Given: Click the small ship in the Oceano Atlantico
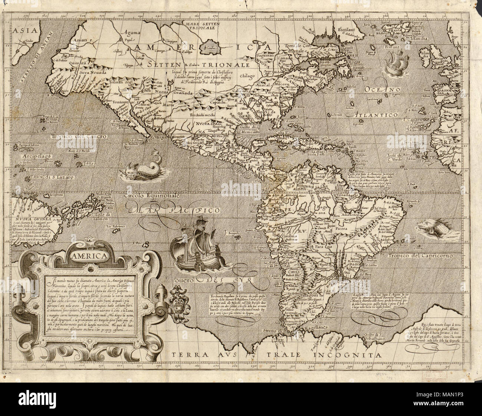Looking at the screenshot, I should (397, 64).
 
